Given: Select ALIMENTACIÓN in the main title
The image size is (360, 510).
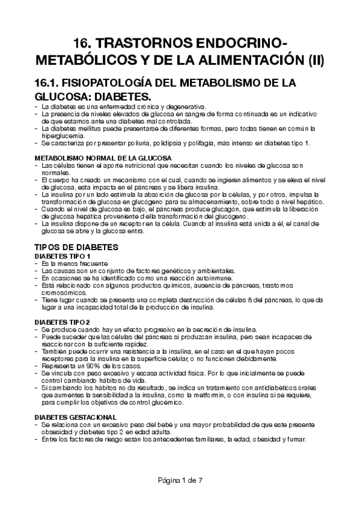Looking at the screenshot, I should point(253,61).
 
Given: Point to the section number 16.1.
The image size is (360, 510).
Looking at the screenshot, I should point(50,82).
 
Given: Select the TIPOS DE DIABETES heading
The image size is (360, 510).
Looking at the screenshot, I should point(80,247).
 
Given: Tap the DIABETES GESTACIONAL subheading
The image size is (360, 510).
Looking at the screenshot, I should point(75,417).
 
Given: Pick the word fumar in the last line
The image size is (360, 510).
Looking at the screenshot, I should point(296,439).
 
